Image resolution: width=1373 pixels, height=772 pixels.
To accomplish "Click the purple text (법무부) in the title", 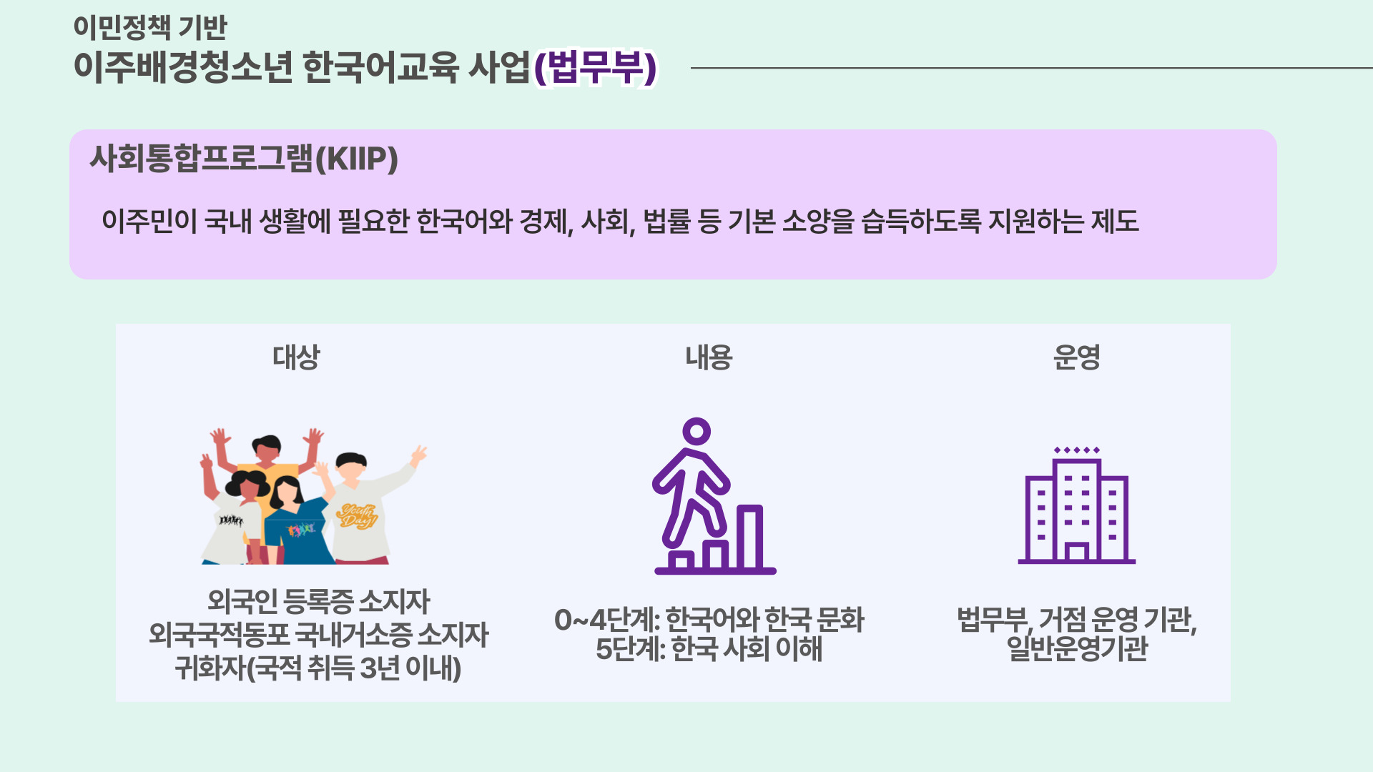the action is pyautogui.click(x=596, y=68).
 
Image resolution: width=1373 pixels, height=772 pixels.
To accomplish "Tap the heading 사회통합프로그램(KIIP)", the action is pyautogui.click(x=244, y=159).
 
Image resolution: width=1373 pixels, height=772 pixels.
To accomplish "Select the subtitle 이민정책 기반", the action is pyautogui.click(x=150, y=27).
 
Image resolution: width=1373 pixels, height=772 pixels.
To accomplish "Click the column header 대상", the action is pyautogui.click(x=296, y=357).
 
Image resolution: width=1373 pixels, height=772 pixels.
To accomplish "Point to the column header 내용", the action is pyautogui.click(x=709, y=357).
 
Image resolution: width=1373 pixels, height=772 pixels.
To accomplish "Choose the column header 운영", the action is pyautogui.click(x=1076, y=357).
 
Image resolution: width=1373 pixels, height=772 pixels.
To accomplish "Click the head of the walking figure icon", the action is pyautogui.click(x=696, y=432).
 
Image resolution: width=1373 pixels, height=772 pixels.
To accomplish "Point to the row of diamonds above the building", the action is pyautogui.click(x=1077, y=450).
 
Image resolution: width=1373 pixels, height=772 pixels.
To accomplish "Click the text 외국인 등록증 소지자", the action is pyautogui.click(x=318, y=601).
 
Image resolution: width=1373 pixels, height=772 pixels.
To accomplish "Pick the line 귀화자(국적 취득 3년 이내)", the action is pyautogui.click(x=318, y=668).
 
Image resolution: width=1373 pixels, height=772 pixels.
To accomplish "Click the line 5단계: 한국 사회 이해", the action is pyautogui.click(x=709, y=649).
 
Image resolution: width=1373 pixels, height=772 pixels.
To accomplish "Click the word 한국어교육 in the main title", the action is pyautogui.click(x=380, y=68).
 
